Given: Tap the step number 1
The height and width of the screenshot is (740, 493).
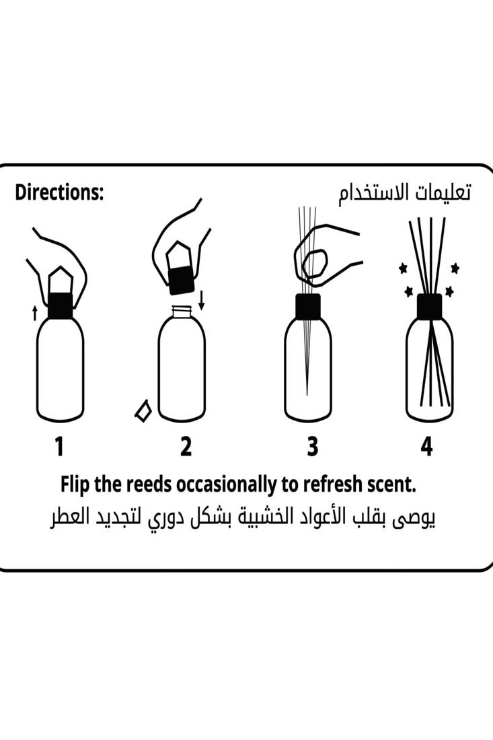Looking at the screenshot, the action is [x=59, y=446].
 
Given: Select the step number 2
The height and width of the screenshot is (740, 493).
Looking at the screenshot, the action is [x=186, y=446].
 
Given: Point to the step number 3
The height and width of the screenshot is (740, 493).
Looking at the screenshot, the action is [x=312, y=446].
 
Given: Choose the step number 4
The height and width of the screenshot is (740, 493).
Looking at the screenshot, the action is [x=426, y=446].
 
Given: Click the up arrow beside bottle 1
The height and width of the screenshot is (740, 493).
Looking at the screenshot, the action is [x=34, y=312].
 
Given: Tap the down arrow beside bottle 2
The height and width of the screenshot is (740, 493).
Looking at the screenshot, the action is [x=202, y=300].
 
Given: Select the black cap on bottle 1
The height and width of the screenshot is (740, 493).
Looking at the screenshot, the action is [x=61, y=305].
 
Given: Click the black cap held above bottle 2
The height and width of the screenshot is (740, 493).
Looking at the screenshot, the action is [x=181, y=281].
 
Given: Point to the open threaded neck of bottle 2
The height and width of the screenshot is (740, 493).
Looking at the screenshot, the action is [x=182, y=312].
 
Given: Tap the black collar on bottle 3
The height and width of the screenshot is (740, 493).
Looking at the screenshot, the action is [x=307, y=306].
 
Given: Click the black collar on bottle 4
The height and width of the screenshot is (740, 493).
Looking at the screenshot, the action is [x=430, y=306].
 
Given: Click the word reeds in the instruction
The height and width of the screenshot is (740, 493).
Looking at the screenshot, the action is [x=148, y=484].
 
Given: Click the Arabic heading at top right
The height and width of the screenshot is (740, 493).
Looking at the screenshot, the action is [x=404, y=194].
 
